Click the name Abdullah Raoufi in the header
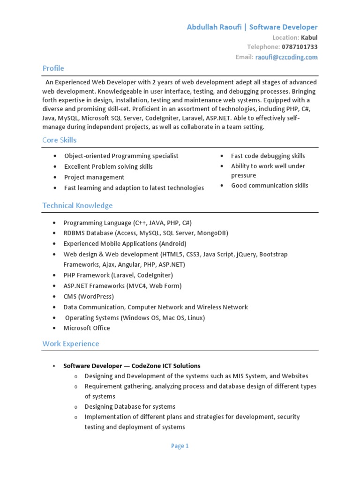point(214,27)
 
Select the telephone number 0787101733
point(300,47)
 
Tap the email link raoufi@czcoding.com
point(286,57)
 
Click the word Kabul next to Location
point(309,37)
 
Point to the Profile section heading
point(53,68)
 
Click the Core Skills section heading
point(59,140)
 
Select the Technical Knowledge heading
point(77,205)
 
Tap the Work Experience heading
point(71,344)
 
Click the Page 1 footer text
point(180,446)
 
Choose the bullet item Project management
point(94,177)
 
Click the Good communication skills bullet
point(270,186)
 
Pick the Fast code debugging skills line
point(268,156)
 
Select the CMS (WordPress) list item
point(89,297)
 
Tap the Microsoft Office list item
point(87,328)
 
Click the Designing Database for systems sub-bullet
point(130,406)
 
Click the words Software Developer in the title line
point(283,27)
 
